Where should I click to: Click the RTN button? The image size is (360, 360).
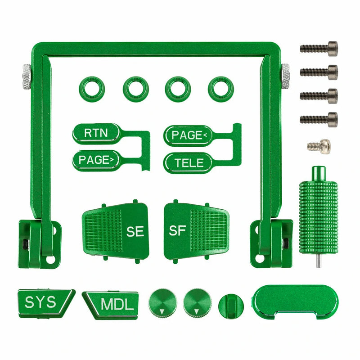(96, 133)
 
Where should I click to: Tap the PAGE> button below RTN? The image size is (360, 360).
(96, 159)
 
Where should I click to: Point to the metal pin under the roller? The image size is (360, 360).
(318, 262)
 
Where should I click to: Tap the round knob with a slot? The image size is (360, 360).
(230, 305)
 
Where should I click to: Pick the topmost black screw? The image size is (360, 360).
(319, 47)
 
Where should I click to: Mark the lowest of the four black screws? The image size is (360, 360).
(319, 119)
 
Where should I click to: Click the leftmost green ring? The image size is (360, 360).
(91, 87)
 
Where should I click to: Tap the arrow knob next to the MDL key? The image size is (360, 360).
(161, 301)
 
